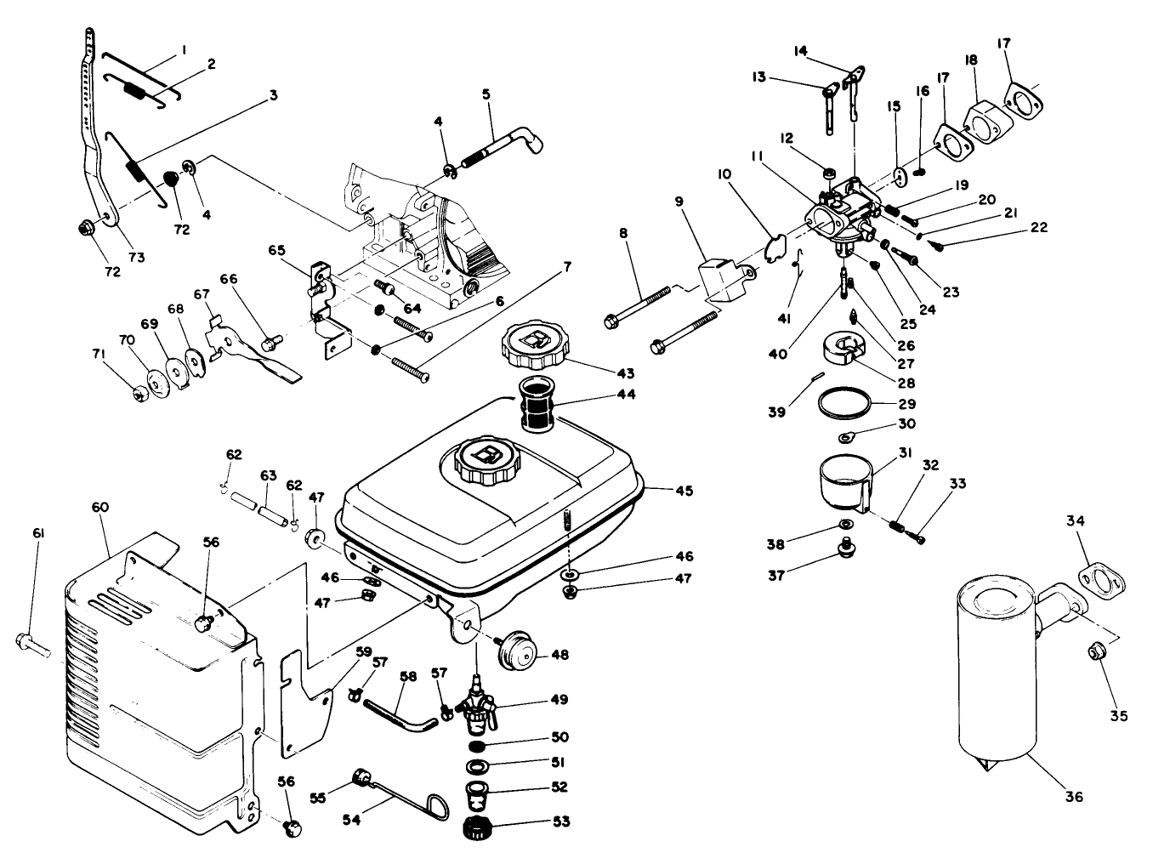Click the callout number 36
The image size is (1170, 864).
[1074, 797]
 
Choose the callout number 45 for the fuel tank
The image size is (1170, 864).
[684, 491]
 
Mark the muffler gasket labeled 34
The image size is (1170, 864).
[1102, 578]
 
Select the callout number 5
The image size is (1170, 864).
[486, 94]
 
